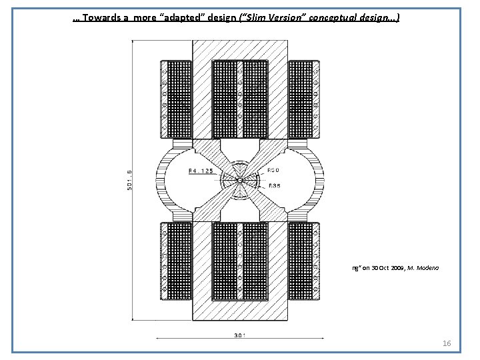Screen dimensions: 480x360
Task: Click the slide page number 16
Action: [x=447, y=343]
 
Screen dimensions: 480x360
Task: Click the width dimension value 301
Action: [x=239, y=335]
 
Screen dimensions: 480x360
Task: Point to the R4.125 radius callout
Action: [x=201, y=172]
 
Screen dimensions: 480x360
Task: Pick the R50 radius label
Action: [x=273, y=171]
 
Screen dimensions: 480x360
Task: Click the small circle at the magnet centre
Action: [x=239, y=180]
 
